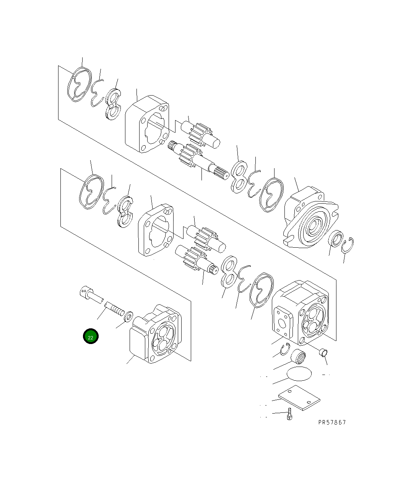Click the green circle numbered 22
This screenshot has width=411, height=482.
pos(91,337)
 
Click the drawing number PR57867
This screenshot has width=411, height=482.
pos(331,422)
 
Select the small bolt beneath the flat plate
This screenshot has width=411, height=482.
pos(290,414)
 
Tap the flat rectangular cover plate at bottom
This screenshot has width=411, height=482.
pos(299,398)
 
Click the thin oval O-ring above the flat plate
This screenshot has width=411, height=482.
pos(299,373)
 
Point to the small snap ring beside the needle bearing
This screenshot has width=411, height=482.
pos(284,349)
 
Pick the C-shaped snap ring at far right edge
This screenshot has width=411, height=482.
pos(348,245)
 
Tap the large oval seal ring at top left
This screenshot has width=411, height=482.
pos(80,85)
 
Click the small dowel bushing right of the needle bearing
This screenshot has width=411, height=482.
pos(323,352)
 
